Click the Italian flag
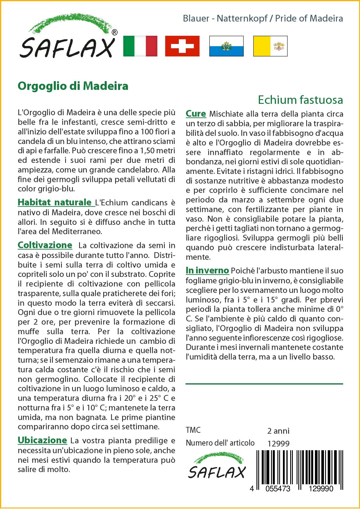tap(140, 46)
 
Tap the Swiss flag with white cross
tap(182, 46)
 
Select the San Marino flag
tap(226, 46)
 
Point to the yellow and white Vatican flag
tap(270, 46)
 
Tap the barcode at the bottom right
tap(300, 468)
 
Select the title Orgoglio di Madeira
tap(73, 86)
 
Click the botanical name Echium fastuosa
tap(300, 100)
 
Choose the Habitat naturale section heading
tap(54, 202)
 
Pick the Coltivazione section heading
tap(45, 245)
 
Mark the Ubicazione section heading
tap(42, 440)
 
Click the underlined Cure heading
tap(196, 114)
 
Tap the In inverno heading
tap(207, 270)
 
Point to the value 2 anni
tap(278, 431)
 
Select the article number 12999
tap(278, 444)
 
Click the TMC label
tap(193, 430)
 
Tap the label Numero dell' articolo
tap(220, 443)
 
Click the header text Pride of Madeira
tap(309, 19)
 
